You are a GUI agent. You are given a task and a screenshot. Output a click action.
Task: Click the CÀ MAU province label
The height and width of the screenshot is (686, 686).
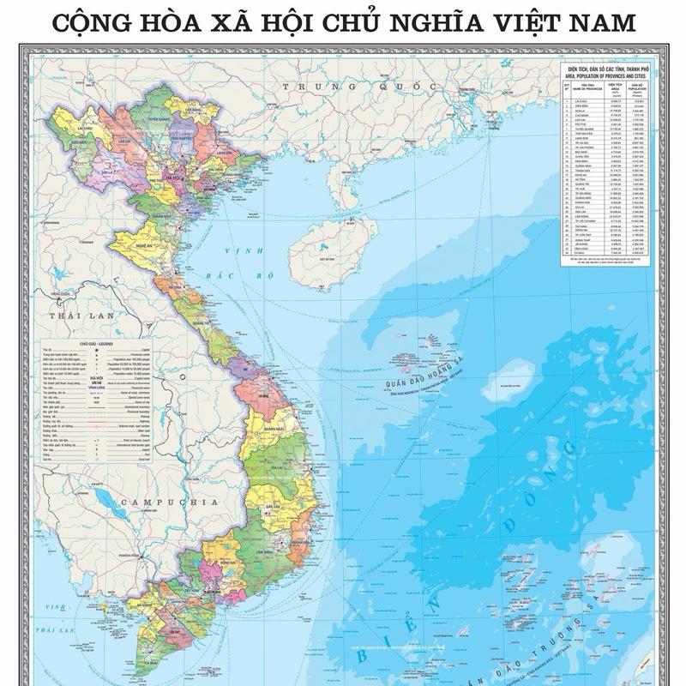click(x=151, y=663)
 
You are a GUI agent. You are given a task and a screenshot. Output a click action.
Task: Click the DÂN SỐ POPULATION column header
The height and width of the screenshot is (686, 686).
click(x=635, y=87)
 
